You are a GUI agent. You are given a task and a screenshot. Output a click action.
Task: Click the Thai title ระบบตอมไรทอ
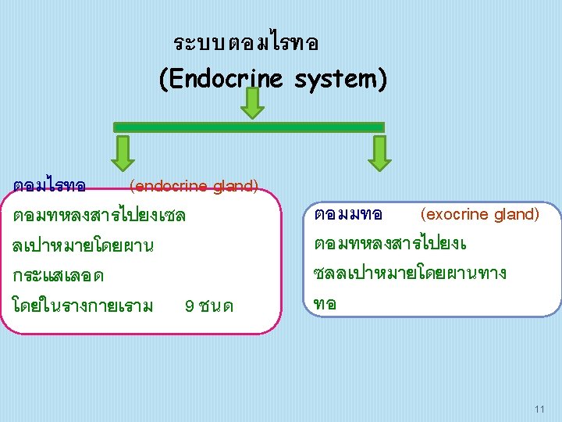click(246, 43)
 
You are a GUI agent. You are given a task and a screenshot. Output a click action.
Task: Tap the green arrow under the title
click(252, 103)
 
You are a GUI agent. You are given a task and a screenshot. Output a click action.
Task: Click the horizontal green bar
click(249, 127)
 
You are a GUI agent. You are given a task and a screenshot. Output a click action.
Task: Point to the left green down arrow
click(123, 152)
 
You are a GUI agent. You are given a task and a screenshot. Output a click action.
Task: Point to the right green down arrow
click(379, 152)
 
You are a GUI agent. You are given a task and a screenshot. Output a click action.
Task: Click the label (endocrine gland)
click(194, 186)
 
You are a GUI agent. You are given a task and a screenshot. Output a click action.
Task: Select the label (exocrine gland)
click(479, 213)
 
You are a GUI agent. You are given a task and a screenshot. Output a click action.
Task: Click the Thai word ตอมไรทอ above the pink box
click(49, 186)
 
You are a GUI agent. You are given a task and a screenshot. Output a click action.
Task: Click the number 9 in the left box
click(190, 304)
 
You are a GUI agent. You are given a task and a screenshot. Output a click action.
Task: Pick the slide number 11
click(539, 409)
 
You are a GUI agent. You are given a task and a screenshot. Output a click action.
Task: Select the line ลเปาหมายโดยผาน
click(83, 245)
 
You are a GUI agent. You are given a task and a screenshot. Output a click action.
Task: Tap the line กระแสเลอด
click(59, 275)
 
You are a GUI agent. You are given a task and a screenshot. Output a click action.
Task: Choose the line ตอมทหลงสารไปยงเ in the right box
click(389, 244)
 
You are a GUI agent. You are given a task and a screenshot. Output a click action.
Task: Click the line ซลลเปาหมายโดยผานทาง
click(409, 274)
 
